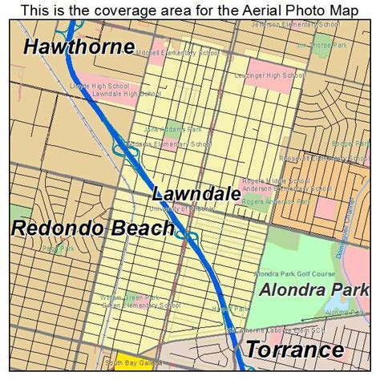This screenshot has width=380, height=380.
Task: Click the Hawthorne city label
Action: pyautogui.click(x=79, y=46)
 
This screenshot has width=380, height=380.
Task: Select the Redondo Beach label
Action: pyautogui.click(x=92, y=228)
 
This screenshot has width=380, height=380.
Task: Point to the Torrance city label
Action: pyautogui.click(x=294, y=350)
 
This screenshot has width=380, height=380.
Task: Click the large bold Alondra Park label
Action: pyautogui.click(x=313, y=290)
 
